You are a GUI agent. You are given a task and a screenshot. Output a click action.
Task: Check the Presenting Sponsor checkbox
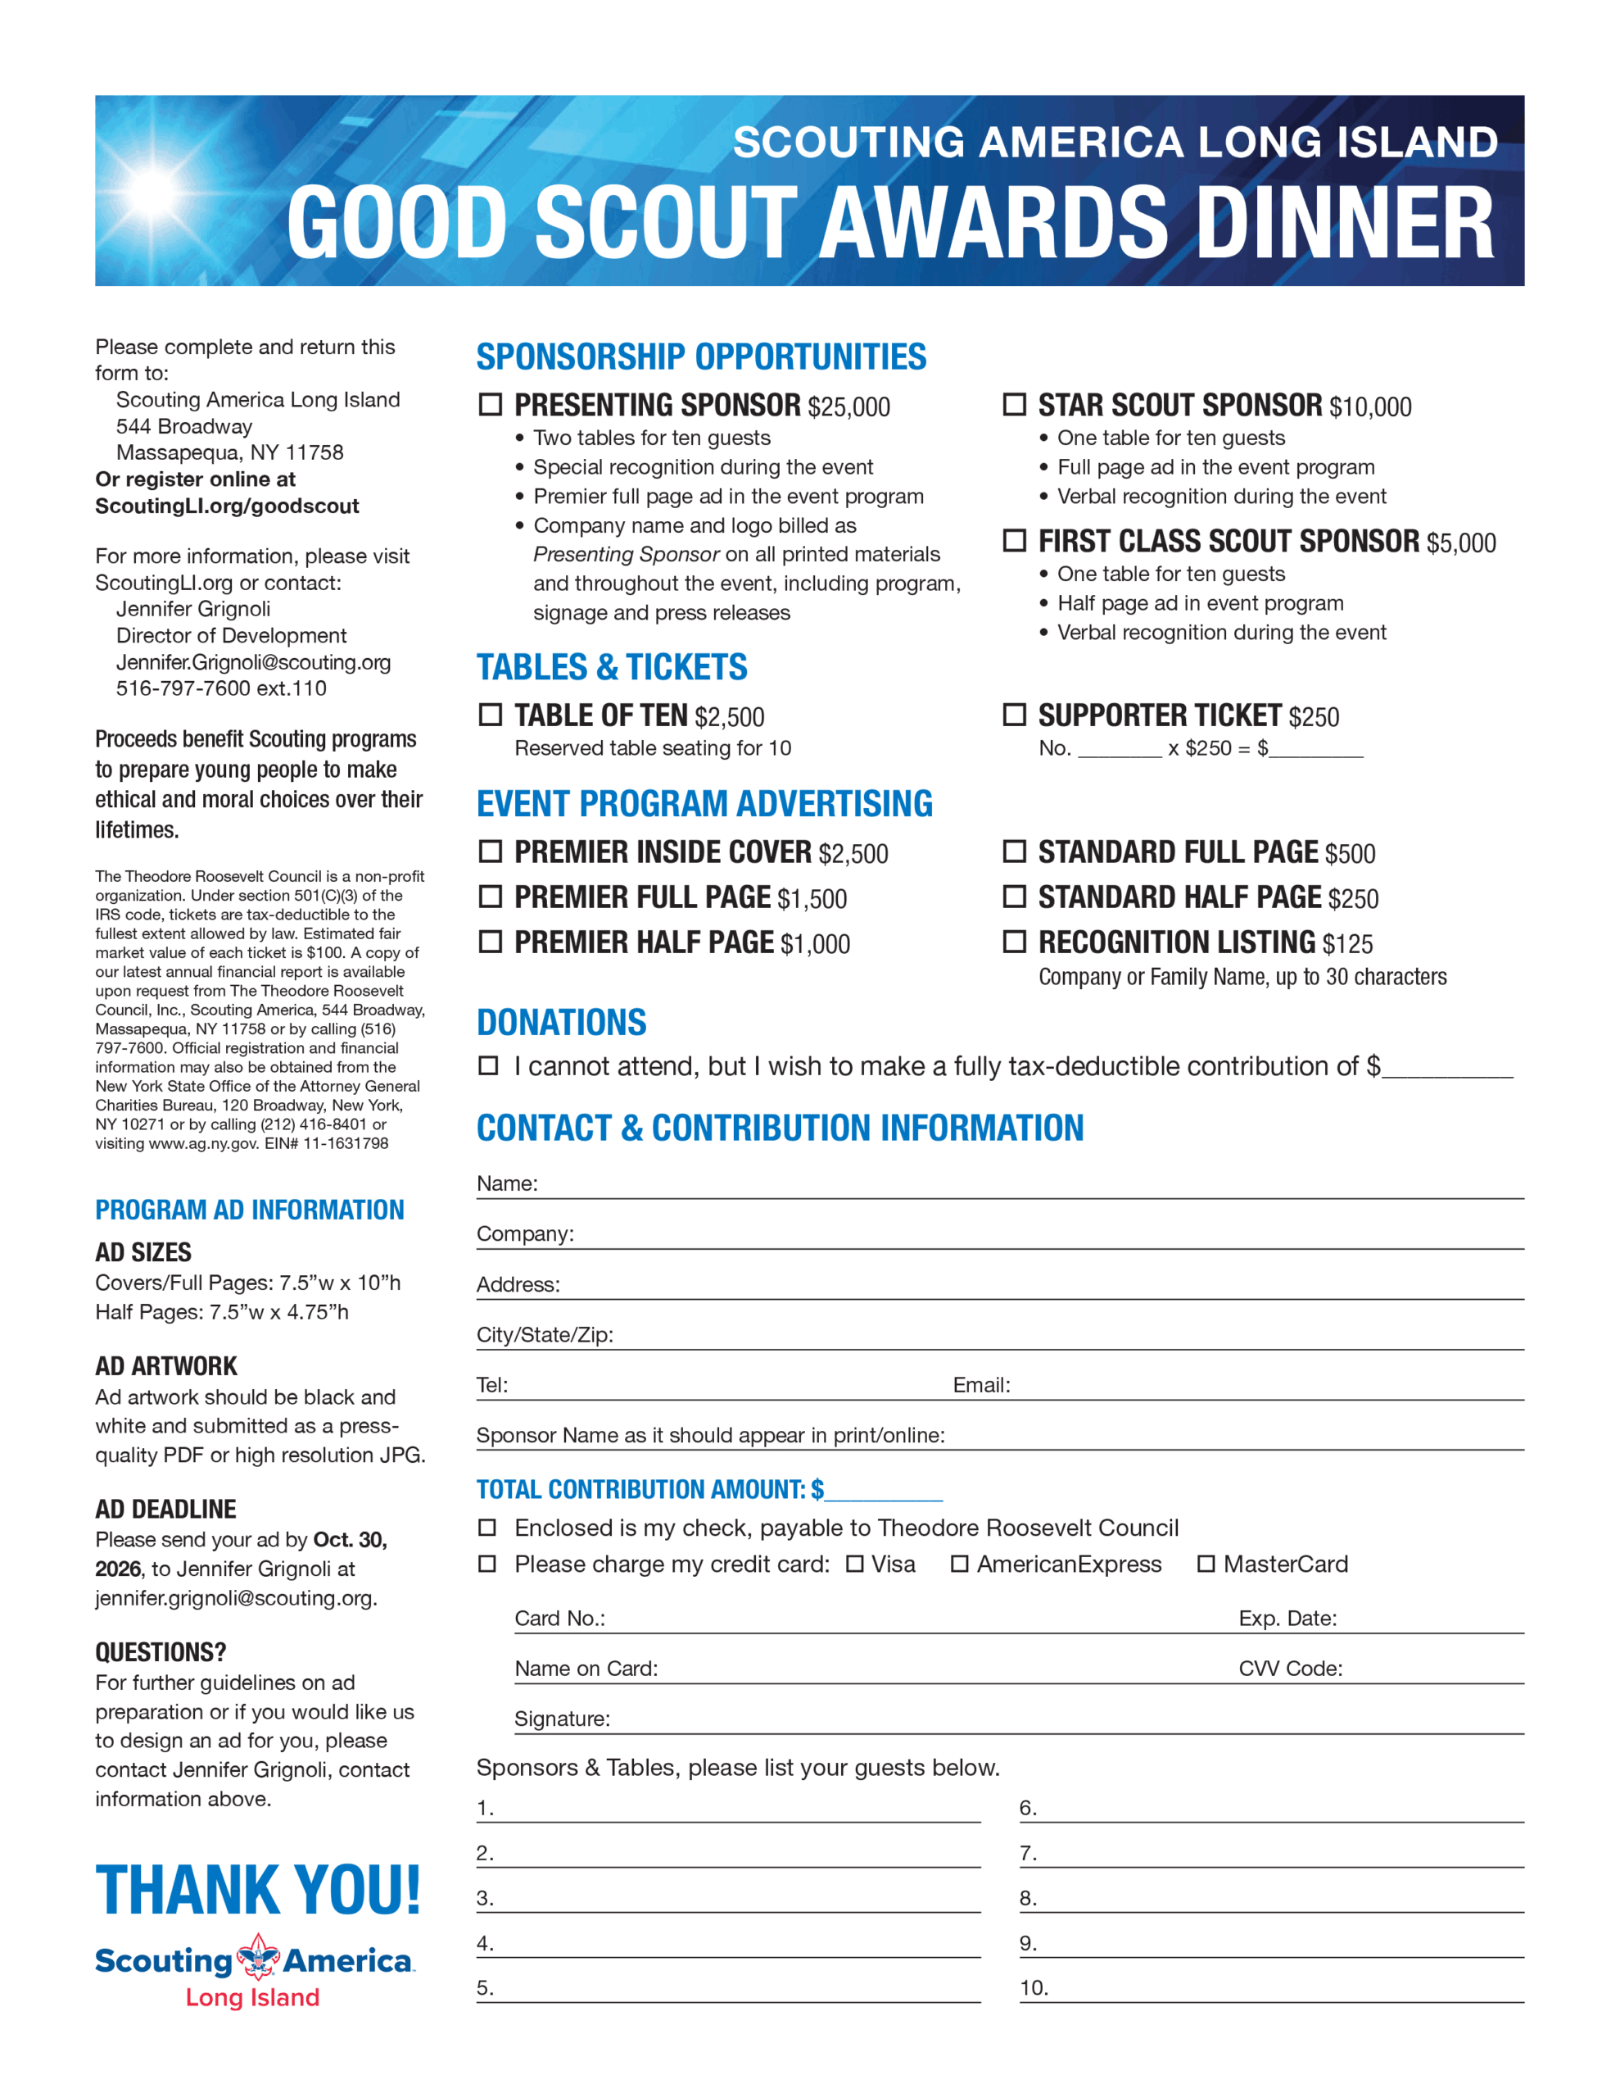pyautogui.click(x=490, y=404)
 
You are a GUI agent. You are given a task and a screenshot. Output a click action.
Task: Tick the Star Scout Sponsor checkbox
pyautogui.click(x=1014, y=404)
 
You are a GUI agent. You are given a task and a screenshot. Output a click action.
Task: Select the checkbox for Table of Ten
pyautogui.click(x=490, y=715)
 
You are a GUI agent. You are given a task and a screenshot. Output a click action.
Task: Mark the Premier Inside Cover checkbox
pyautogui.click(x=490, y=851)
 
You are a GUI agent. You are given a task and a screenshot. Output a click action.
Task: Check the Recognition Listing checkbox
pyautogui.click(x=1014, y=942)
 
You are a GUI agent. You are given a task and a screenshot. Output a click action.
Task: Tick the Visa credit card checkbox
pyautogui.click(x=853, y=1564)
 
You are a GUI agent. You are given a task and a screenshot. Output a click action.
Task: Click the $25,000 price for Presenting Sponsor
pyautogui.click(x=848, y=407)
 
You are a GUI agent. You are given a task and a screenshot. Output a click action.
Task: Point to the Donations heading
pyautogui.click(x=562, y=1022)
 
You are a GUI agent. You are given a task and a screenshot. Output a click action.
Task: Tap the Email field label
pyautogui.click(x=980, y=1385)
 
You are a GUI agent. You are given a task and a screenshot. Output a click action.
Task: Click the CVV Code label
pyautogui.click(x=1290, y=1669)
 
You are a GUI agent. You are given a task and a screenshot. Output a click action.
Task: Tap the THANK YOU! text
pyautogui.click(x=257, y=1891)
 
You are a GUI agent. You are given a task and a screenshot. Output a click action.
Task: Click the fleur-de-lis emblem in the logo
pyautogui.click(x=258, y=1957)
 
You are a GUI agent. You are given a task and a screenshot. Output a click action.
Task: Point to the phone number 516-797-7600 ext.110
pyautogui.click(x=221, y=688)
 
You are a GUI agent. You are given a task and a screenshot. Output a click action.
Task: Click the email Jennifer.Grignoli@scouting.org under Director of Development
pyautogui.click(x=254, y=662)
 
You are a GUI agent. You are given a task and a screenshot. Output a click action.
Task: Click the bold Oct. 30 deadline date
pyautogui.click(x=350, y=1540)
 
